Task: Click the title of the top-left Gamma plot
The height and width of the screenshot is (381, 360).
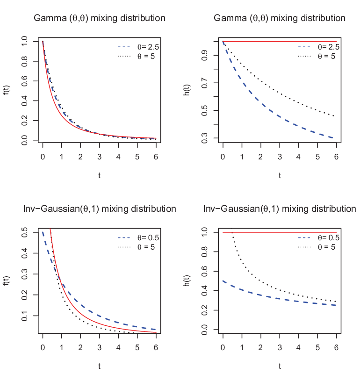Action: coord(100,18)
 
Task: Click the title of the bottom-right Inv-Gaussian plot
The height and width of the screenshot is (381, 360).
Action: coord(280,209)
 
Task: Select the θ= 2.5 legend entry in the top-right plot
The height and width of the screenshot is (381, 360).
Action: coord(319,47)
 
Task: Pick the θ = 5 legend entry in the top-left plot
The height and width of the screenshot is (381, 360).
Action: coord(136,57)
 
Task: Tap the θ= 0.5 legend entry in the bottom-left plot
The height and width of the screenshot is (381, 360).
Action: coord(138,237)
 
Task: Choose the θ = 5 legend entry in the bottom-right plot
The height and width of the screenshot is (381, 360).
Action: coord(317,247)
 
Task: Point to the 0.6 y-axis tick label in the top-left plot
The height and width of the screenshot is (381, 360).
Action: coord(25,81)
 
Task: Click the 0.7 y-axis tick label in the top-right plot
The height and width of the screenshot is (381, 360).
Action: coord(205,83)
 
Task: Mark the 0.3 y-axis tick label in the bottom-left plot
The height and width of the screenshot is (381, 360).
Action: coord(25,274)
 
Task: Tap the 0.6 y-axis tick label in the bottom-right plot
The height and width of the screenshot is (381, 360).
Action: coord(205,271)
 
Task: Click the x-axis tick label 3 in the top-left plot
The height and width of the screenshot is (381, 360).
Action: coord(100,157)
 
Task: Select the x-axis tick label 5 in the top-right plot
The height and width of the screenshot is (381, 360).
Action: coord(317,157)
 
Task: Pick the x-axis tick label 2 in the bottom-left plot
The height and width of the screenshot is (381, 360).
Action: coord(80,348)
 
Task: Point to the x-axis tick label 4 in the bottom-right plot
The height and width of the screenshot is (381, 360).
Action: coord(298,348)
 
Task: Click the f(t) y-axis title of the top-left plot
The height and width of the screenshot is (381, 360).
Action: coord(7,90)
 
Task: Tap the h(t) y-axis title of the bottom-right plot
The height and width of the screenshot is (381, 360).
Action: coord(187,280)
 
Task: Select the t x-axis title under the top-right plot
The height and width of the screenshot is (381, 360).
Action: coord(280,175)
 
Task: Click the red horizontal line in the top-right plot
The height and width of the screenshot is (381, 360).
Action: coord(280,42)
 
